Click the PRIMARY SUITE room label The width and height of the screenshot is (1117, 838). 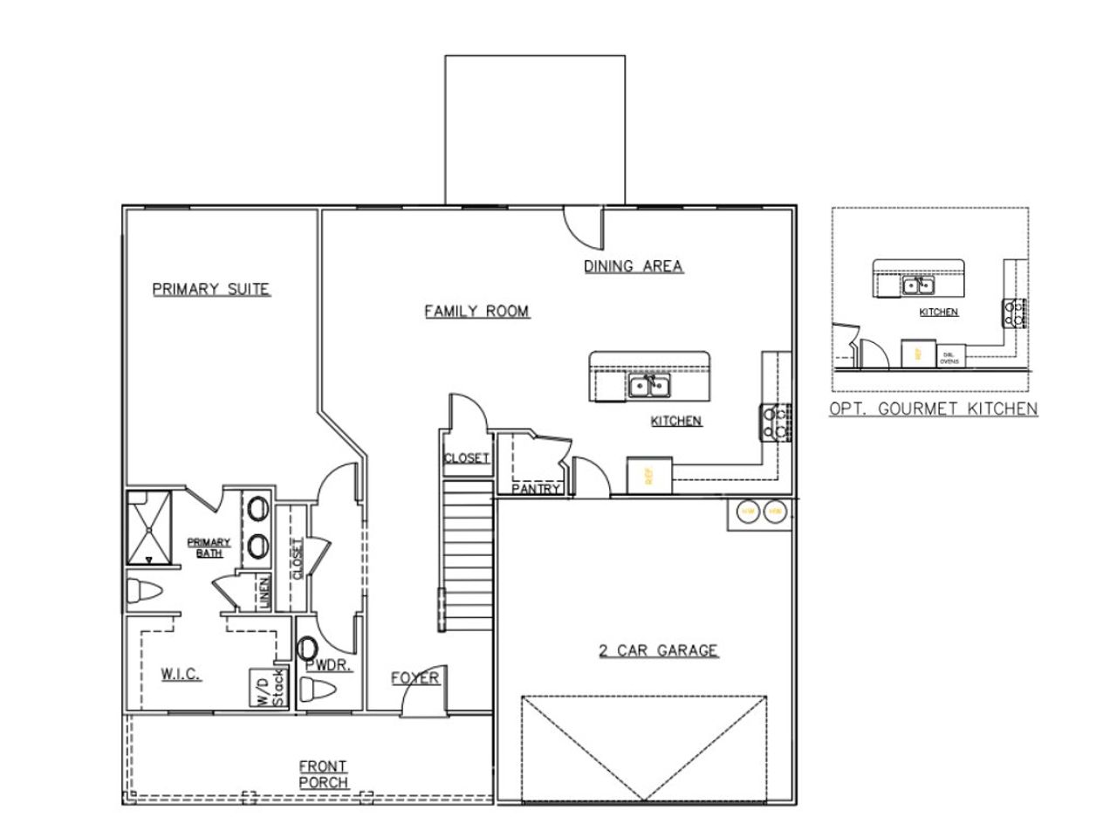point(211,289)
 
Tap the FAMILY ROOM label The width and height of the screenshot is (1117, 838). point(476,311)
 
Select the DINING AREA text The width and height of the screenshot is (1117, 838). point(633,266)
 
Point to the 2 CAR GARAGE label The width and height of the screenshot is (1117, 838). point(658,650)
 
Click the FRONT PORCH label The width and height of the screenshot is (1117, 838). point(323,774)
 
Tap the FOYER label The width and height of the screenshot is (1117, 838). point(415,678)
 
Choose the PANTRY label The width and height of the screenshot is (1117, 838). point(535,490)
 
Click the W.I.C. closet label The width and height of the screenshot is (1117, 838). point(182,674)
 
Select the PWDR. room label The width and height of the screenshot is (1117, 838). point(329,666)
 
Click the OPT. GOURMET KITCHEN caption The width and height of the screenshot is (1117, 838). point(933,409)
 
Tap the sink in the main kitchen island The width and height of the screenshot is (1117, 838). point(648,385)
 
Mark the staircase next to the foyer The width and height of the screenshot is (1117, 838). point(468,559)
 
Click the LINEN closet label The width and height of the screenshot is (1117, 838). point(264,594)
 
